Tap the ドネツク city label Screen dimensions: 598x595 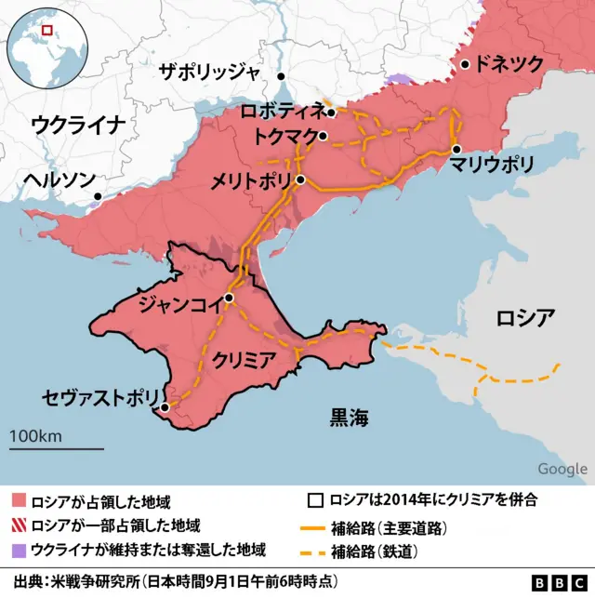(509, 64)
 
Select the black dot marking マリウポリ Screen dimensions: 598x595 (456, 149)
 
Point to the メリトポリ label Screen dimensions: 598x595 (251, 179)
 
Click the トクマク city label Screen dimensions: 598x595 (284, 136)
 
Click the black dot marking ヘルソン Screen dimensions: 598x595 (98, 196)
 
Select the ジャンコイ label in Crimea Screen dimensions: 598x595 (178, 302)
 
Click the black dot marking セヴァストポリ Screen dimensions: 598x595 (165, 407)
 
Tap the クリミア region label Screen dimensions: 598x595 (243, 358)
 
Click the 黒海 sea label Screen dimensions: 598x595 (349, 419)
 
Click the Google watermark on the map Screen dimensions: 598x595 (562, 469)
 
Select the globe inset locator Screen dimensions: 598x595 (45, 46)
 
